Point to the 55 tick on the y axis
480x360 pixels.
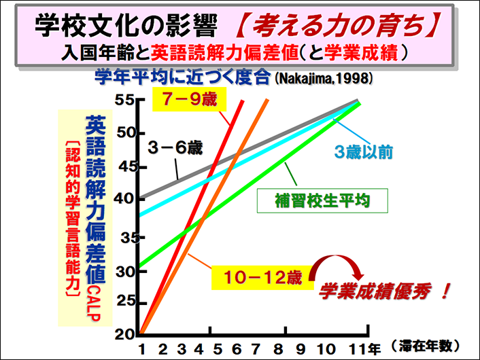click(x=126, y=100)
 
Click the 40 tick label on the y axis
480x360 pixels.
click(x=126, y=198)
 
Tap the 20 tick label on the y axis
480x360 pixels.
click(x=126, y=333)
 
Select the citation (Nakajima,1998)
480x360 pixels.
click(x=324, y=77)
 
